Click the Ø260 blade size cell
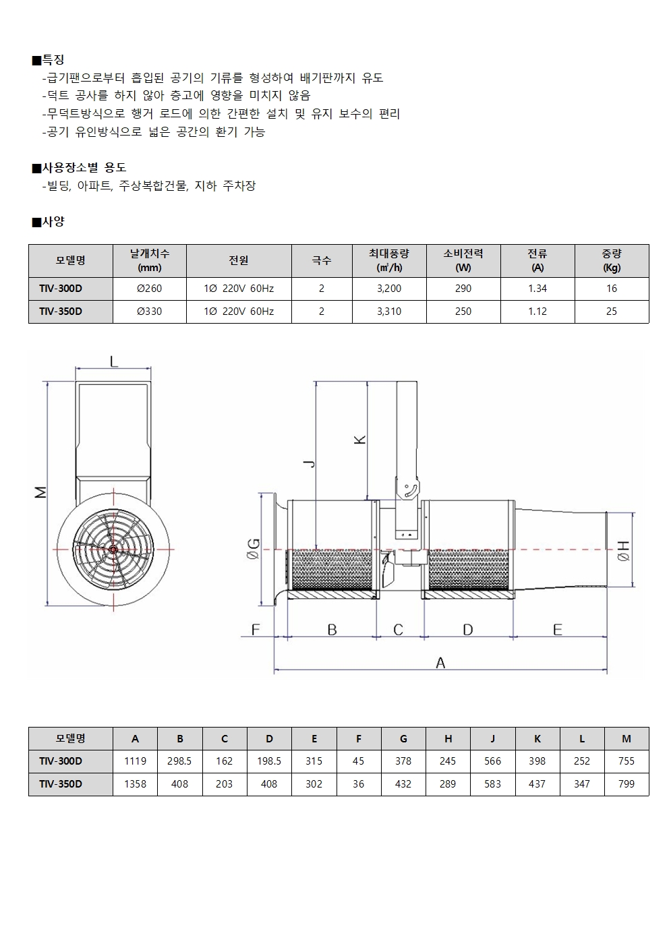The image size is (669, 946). [x=150, y=289]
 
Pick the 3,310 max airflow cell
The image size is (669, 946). [x=389, y=312]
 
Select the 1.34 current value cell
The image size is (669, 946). [x=537, y=289]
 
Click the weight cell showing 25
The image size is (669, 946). [x=612, y=312]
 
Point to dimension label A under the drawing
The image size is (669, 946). [x=440, y=663]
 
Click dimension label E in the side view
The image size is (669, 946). [x=558, y=630]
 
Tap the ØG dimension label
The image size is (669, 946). [x=254, y=549]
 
